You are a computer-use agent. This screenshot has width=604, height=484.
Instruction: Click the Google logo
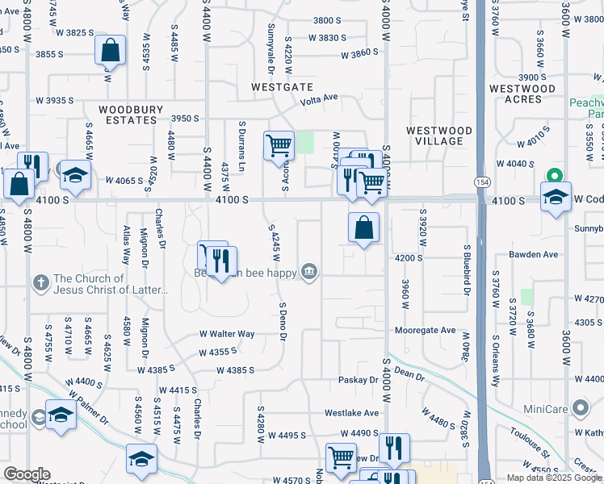pyautogui.click(x=27, y=474)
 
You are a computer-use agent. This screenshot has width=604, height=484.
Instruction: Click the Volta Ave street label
pyautogui.click(x=319, y=102)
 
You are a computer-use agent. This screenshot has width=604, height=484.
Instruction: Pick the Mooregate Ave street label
pyautogui.click(x=426, y=331)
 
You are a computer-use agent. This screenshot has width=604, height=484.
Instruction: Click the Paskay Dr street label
pyautogui.click(x=358, y=379)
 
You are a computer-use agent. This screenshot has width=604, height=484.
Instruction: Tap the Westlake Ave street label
pyautogui.click(x=352, y=412)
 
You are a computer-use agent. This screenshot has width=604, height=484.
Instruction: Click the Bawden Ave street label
pyautogui.click(x=534, y=254)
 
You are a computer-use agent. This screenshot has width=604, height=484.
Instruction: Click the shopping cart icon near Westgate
pyautogui.click(x=279, y=146)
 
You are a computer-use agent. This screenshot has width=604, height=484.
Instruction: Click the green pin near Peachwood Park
pyautogui.click(x=555, y=175)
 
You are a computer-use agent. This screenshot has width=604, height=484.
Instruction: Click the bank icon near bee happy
pyautogui.click(x=309, y=272)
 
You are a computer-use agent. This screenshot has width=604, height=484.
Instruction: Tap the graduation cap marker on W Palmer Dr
pyautogui.click(x=61, y=415)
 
